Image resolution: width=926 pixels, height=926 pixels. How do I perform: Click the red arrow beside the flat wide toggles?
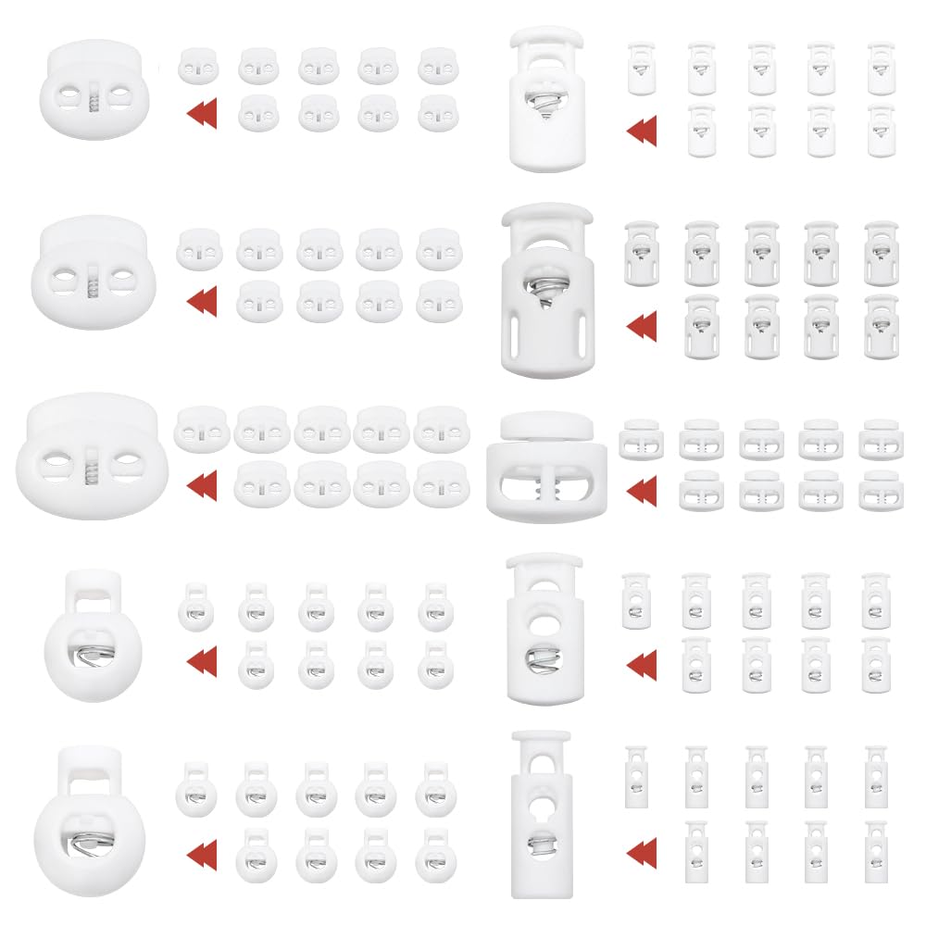(641, 485)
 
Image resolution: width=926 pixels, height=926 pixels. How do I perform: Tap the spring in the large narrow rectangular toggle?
(539, 845)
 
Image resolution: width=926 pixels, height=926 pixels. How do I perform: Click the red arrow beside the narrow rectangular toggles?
(641, 850)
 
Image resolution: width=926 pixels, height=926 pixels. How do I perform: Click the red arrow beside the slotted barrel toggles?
(641, 326)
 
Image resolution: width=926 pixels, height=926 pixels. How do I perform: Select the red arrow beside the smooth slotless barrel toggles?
(641, 131)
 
